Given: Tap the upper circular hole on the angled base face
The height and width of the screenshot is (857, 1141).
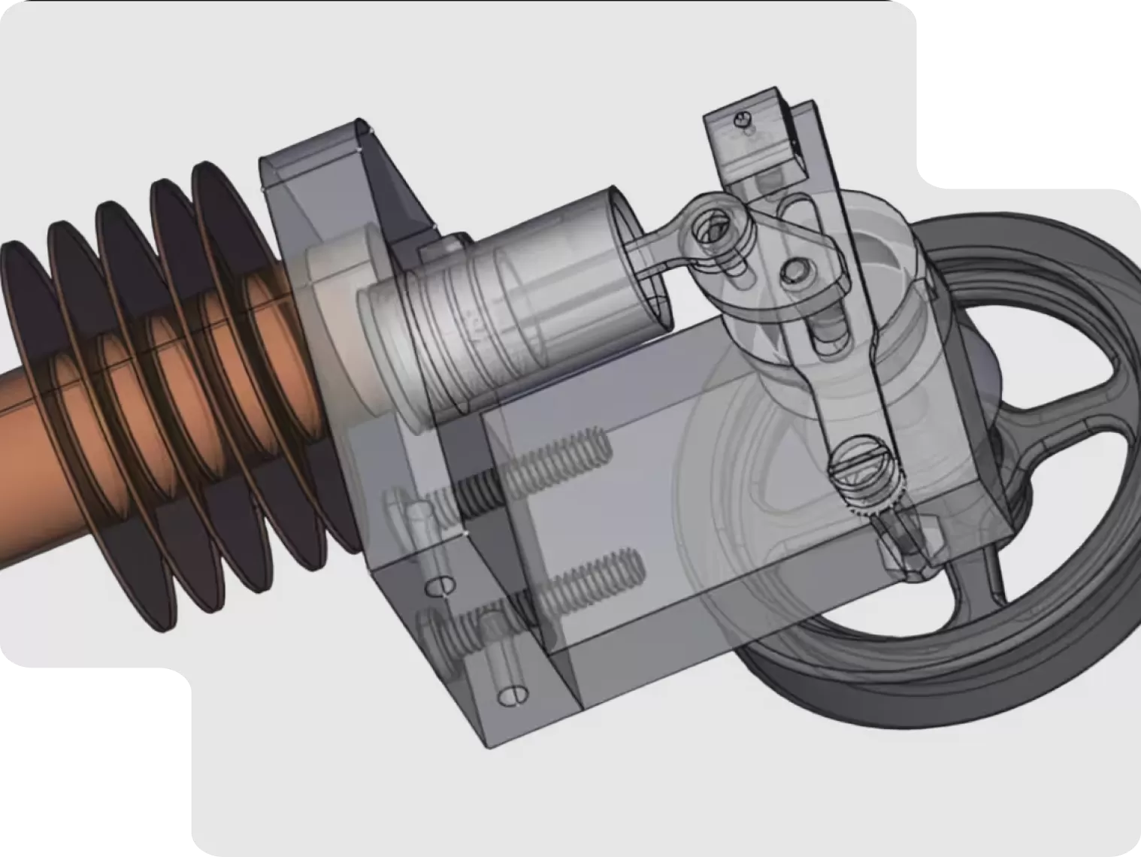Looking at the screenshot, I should (443, 585).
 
